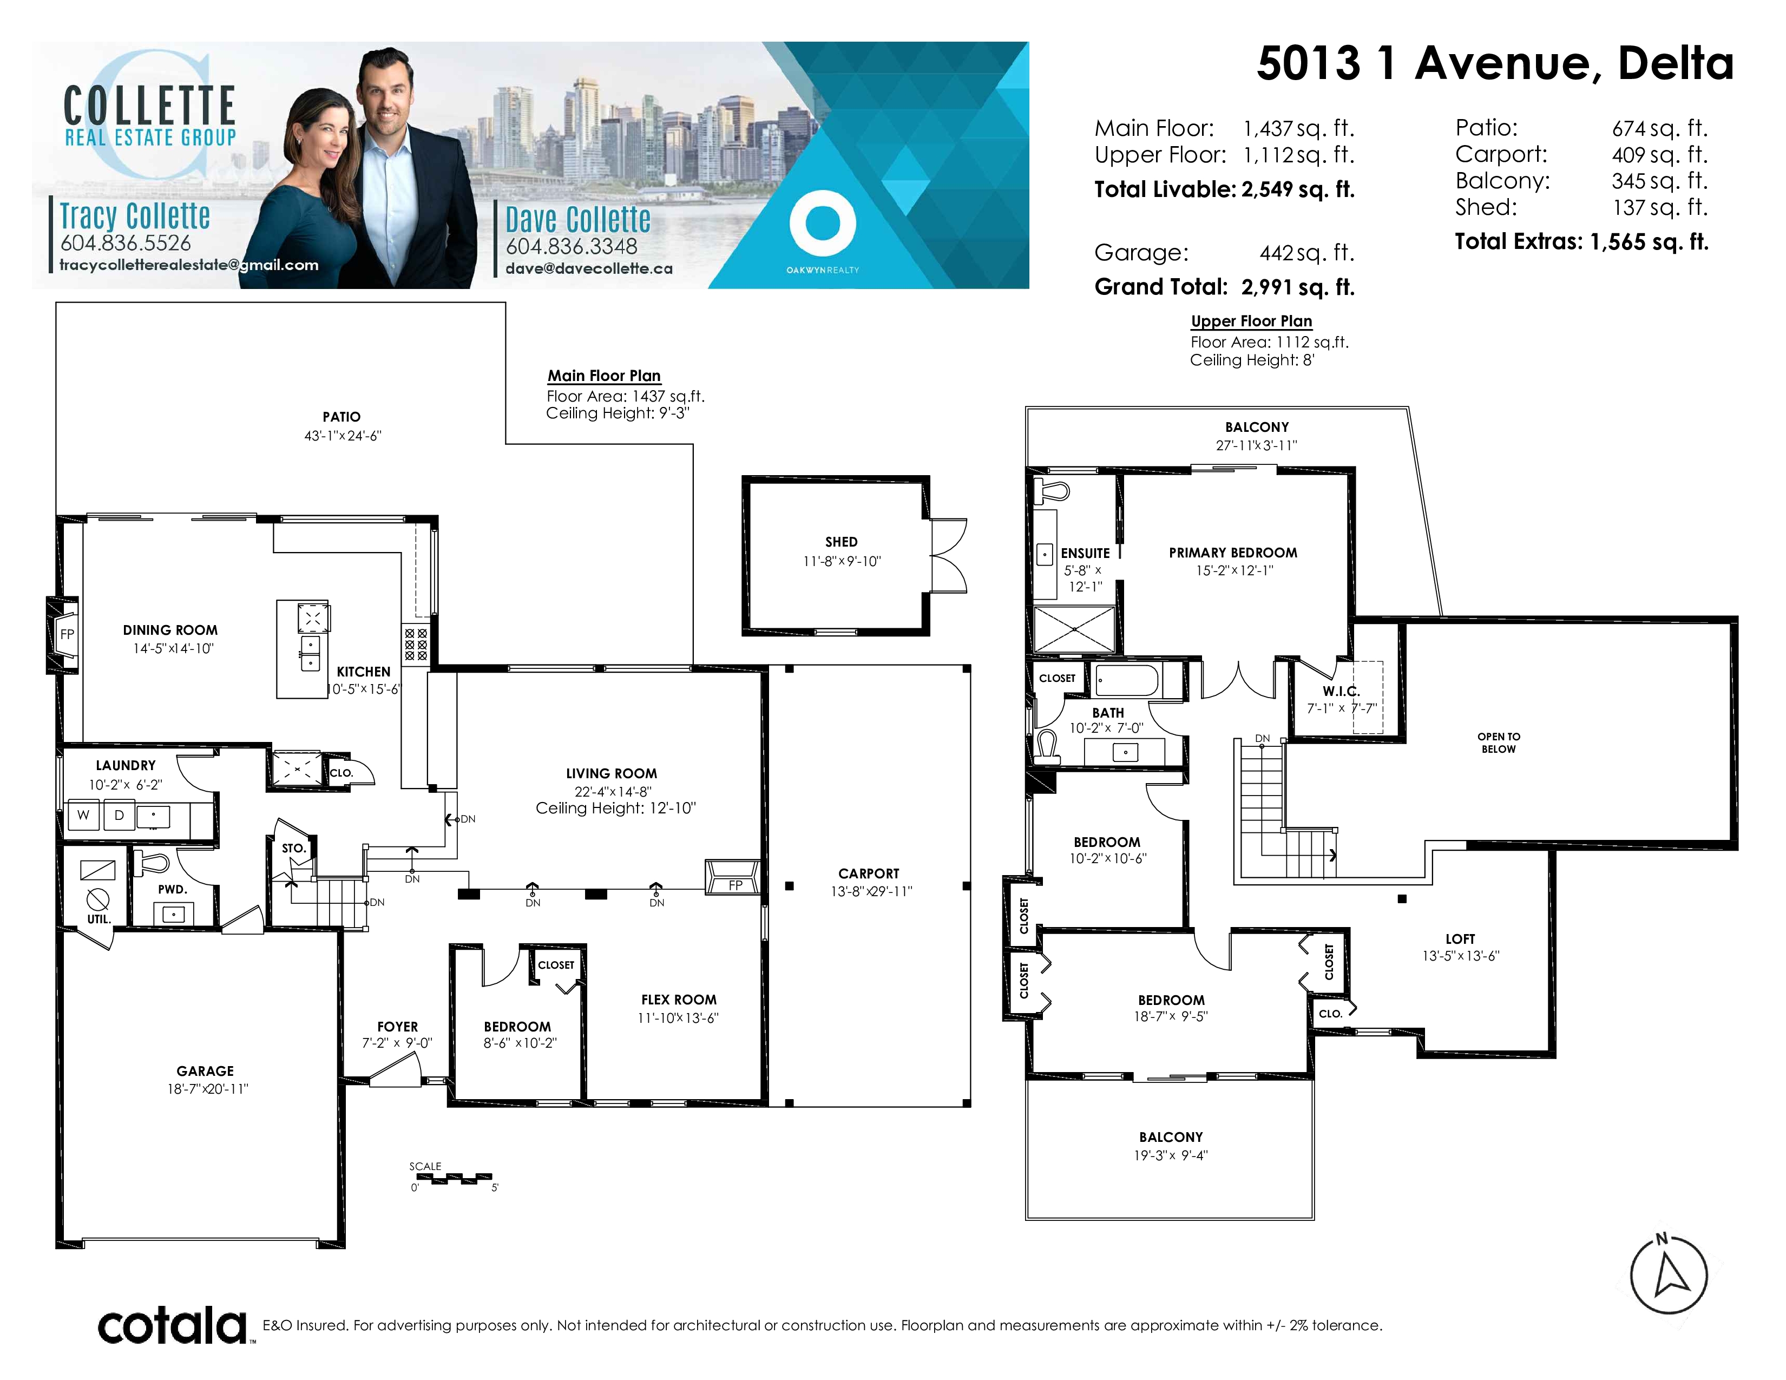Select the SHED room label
pos(842,542)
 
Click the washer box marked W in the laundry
pos(83,815)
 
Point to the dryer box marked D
pos(120,815)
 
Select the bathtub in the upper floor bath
pos(1126,680)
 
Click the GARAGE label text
pos(205,1071)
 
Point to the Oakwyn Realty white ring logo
pos(823,223)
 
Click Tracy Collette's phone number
pos(126,243)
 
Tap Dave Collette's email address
pos(589,268)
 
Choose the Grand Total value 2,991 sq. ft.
pos(1298,287)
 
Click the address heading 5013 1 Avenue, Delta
pos(1495,64)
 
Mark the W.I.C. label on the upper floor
pos(1341,691)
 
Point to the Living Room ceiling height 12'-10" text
pos(616,808)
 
